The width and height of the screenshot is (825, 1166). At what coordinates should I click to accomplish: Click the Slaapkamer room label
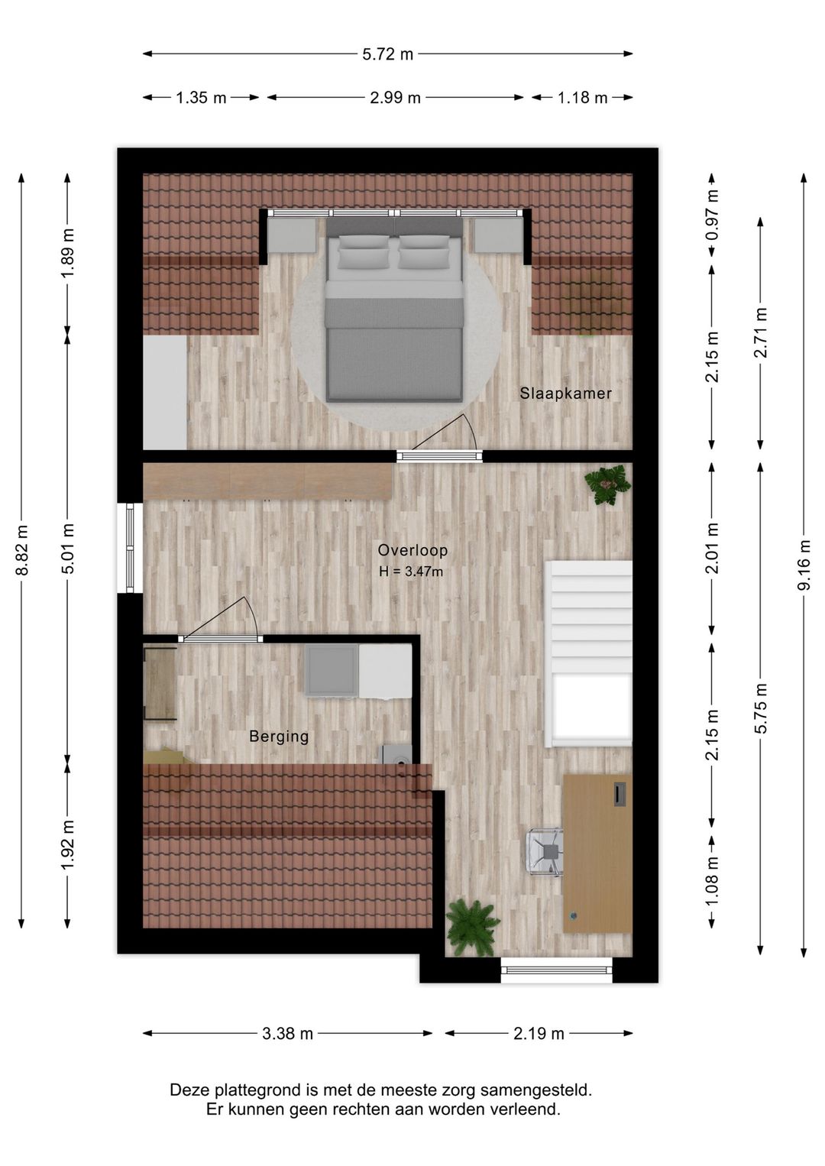[565, 394]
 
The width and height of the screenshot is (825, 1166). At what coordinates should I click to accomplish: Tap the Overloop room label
[412, 550]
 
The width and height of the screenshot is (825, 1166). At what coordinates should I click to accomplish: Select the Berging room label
[279, 737]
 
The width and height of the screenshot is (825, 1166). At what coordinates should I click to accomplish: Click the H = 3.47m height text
[411, 572]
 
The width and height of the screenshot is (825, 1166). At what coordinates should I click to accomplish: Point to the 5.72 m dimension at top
[387, 54]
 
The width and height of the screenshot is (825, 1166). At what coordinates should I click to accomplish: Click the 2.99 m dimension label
[395, 98]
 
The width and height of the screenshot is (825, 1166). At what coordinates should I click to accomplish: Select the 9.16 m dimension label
[804, 565]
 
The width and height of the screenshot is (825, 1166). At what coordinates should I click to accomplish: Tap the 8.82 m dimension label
[22, 550]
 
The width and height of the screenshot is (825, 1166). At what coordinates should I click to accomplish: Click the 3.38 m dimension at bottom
[287, 1034]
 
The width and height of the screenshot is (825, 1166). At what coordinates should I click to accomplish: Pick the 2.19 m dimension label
[539, 1034]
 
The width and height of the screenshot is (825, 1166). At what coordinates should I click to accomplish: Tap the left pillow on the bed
[363, 252]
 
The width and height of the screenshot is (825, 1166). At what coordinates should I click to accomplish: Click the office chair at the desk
[545, 850]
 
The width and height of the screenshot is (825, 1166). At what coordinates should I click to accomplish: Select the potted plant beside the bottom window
[472, 927]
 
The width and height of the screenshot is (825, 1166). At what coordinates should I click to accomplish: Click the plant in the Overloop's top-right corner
[607, 484]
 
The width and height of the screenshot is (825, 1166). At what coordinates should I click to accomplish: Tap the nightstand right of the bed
[497, 235]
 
